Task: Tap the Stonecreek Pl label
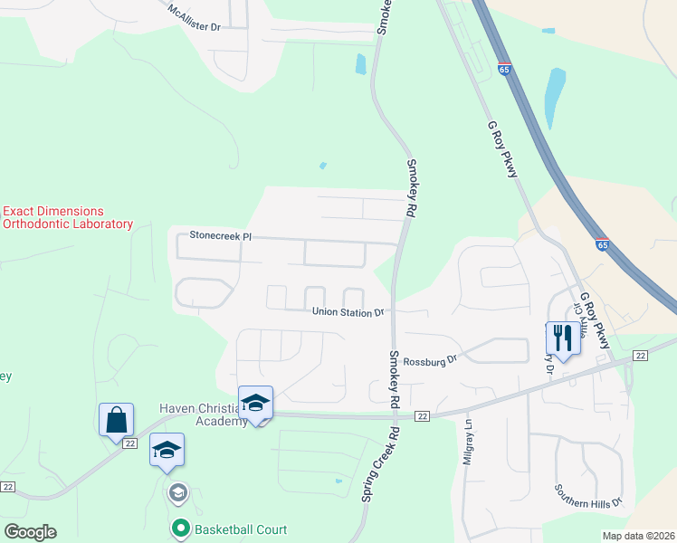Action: point(219,235)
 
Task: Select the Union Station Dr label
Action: point(348,312)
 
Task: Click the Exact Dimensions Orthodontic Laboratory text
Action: point(68,217)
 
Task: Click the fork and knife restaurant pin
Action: point(561,338)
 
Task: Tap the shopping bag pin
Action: point(116,421)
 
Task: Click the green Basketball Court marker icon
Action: point(180,527)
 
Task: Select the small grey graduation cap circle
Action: point(177,492)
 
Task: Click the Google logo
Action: point(30,532)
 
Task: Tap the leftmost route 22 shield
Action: point(8,486)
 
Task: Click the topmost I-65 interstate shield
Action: point(504,69)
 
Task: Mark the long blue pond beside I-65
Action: point(554,98)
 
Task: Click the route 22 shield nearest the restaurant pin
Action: point(640,356)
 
